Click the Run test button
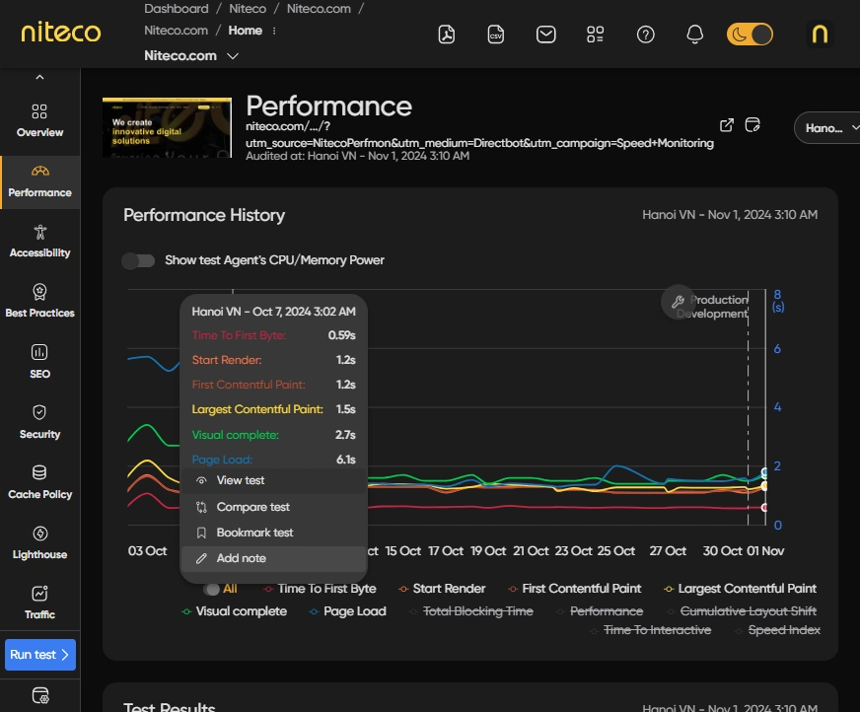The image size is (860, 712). (x=39, y=655)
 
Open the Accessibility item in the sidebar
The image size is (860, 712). (x=39, y=241)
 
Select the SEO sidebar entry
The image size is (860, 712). (x=39, y=361)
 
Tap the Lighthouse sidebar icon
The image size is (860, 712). (x=39, y=534)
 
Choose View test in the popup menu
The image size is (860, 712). (x=241, y=480)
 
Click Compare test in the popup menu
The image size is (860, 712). (x=252, y=507)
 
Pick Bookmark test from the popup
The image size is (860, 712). (x=254, y=533)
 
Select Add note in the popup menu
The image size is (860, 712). (x=241, y=558)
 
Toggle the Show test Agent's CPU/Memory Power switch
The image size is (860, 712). (x=138, y=260)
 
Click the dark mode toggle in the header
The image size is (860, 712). (x=750, y=35)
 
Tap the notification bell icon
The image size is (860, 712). (x=695, y=35)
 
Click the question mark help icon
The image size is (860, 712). (x=646, y=35)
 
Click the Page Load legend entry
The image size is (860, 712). (x=354, y=611)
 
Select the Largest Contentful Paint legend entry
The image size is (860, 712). (x=747, y=589)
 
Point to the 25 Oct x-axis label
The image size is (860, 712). (x=616, y=551)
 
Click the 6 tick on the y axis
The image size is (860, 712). (x=778, y=349)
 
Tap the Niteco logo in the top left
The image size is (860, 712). (x=61, y=34)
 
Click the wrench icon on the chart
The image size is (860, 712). (x=677, y=302)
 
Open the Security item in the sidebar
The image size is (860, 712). (x=39, y=421)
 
